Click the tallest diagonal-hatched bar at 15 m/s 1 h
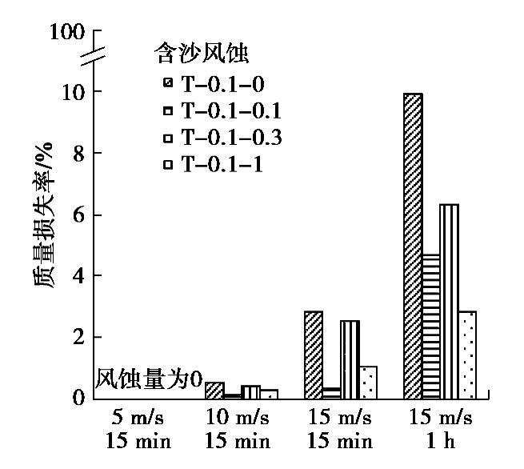412,246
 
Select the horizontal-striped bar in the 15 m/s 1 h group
430,326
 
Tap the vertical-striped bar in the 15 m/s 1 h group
449,301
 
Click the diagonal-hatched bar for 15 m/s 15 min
313,355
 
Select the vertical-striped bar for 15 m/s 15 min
350,359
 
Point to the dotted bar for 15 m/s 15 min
368,382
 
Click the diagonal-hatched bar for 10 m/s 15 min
214,390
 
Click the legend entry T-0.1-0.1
224,110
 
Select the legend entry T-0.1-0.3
224,138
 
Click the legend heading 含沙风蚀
201,54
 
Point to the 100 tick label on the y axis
66,32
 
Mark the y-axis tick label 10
74,91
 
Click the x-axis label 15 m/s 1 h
441,430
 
